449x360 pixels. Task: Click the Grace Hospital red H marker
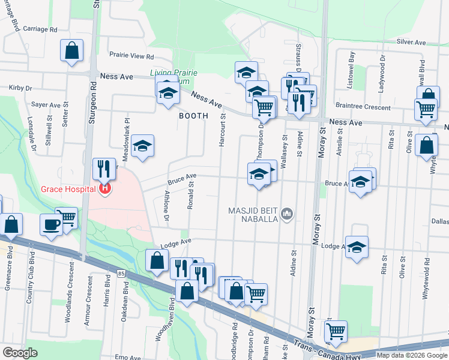point(106,190)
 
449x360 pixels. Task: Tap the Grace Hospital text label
point(68,190)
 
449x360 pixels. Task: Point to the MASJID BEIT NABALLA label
point(252,215)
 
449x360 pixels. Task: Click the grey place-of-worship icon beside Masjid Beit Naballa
point(288,214)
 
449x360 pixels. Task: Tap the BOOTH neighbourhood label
point(193,115)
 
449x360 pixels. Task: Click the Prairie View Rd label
point(131,56)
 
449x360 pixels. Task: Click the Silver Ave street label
point(411,43)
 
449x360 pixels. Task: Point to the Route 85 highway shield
point(121,274)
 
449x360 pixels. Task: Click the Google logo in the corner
point(20,353)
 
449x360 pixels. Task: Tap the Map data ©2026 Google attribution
point(411,355)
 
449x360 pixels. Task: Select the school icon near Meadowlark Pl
point(143,145)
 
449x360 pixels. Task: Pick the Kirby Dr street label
point(20,88)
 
